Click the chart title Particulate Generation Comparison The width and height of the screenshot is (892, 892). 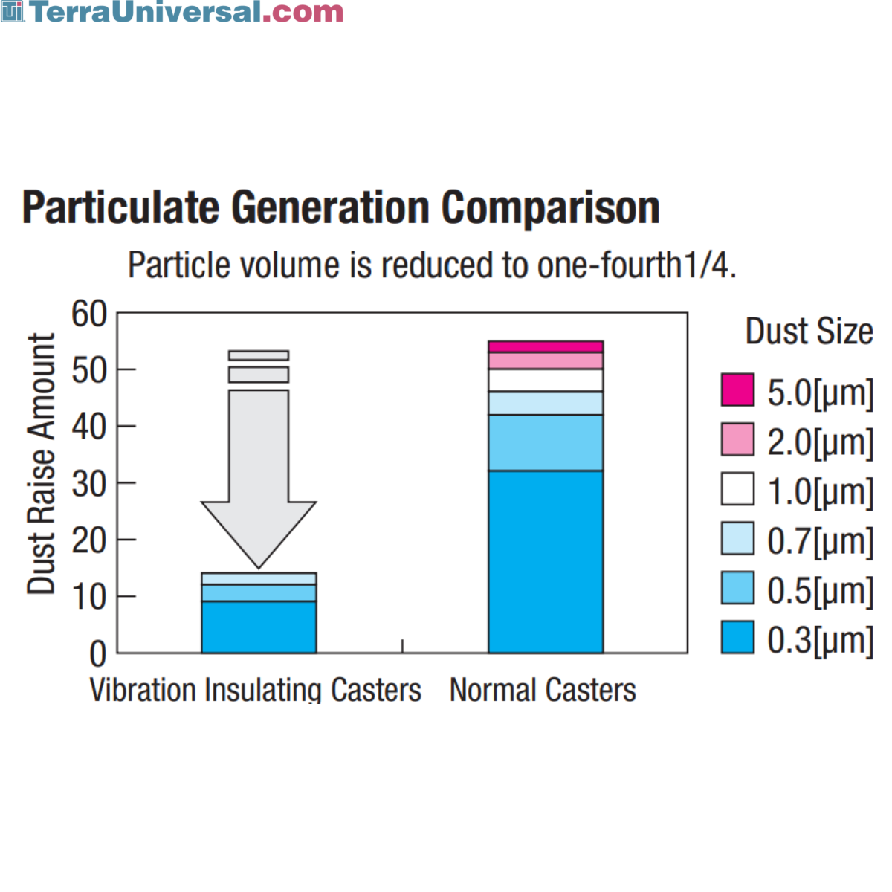[x=340, y=207]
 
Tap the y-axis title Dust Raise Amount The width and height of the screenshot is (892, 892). [x=42, y=464]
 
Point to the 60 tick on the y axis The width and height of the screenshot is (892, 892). [x=89, y=314]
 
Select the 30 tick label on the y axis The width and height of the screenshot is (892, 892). [x=89, y=484]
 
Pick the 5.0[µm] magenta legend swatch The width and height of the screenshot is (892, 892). [x=737, y=390]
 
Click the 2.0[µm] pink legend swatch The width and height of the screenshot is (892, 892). [x=737, y=439]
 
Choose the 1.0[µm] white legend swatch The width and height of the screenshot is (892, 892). [x=737, y=489]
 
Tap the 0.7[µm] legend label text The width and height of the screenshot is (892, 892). [x=820, y=540]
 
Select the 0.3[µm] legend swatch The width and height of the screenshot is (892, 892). [x=737, y=638]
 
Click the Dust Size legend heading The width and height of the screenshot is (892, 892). [x=809, y=332]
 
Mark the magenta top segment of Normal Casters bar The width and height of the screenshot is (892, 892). [x=546, y=346]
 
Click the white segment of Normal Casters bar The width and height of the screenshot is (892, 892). [x=546, y=380]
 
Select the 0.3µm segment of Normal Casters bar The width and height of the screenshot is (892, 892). [x=546, y=561]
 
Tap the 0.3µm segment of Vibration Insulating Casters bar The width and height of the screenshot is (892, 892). [x=259, y=627]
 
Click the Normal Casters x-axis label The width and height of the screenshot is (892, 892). [x=543, y=690]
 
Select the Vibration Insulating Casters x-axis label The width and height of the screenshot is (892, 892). [x=255, y=690]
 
